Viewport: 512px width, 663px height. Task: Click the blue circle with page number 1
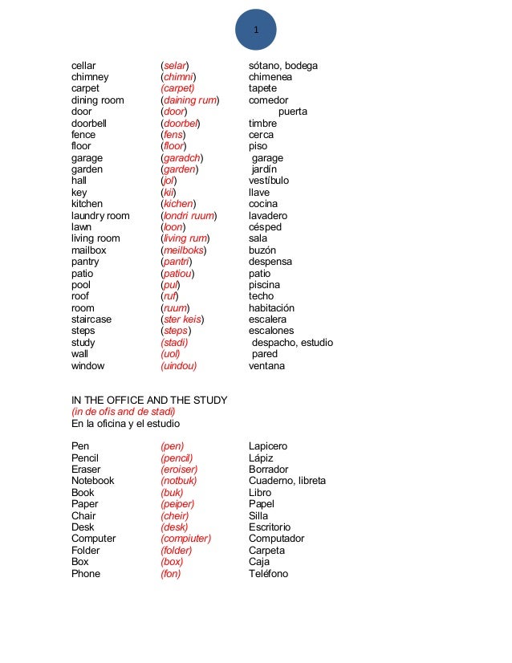[255, 30]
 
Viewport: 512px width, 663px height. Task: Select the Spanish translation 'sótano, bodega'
[283, 65]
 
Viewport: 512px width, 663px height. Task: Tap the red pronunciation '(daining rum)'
[190, 100]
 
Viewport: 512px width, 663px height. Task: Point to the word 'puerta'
[292, 112]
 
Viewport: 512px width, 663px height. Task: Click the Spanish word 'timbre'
[262, 124]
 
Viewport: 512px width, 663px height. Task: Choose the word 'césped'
[265, 227]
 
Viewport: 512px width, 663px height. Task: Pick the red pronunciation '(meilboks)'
[184, 250]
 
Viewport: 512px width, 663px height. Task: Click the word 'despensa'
[270, 262]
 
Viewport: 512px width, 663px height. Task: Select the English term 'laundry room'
[100, 216]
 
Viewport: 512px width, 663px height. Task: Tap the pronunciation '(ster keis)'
[182, 319]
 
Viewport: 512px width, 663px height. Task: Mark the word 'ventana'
[266, 366]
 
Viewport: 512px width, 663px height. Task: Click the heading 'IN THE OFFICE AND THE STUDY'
[149, 400]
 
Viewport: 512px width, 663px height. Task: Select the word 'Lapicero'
[268, 446]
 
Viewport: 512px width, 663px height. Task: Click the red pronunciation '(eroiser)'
[179, 470]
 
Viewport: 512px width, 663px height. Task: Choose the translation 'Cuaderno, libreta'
[287, 481]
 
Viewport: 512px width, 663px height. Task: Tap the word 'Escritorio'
[270, 527]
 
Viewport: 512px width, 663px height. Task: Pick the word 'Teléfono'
[268, 574]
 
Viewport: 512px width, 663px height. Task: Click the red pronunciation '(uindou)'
[179, 366]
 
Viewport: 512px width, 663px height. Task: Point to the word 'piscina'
[264, 285]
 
